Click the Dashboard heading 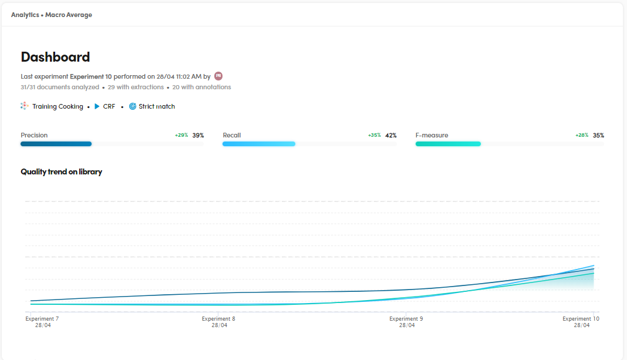click(55, 57)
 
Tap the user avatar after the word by click(218, 76)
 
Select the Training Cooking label click(58, 106)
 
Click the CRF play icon click(97, 106)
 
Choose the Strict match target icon click(133, 106)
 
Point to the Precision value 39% click(198, 135)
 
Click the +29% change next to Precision click(181, 135)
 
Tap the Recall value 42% click(390, 135)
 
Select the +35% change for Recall click(374, 135)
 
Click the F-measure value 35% click(598, 135)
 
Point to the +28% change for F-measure click(582, 135)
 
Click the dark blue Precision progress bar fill click(56, 144)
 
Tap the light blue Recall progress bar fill click(258, 144)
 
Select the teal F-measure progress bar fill click(448, 144)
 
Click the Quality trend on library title click(61, 172)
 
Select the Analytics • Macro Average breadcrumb click(52, 15)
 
